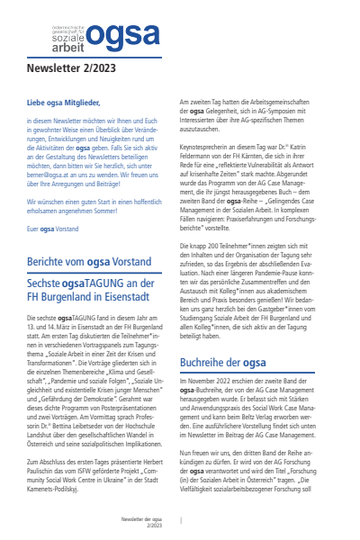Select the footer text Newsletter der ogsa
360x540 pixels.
click(x=142, y=519)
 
